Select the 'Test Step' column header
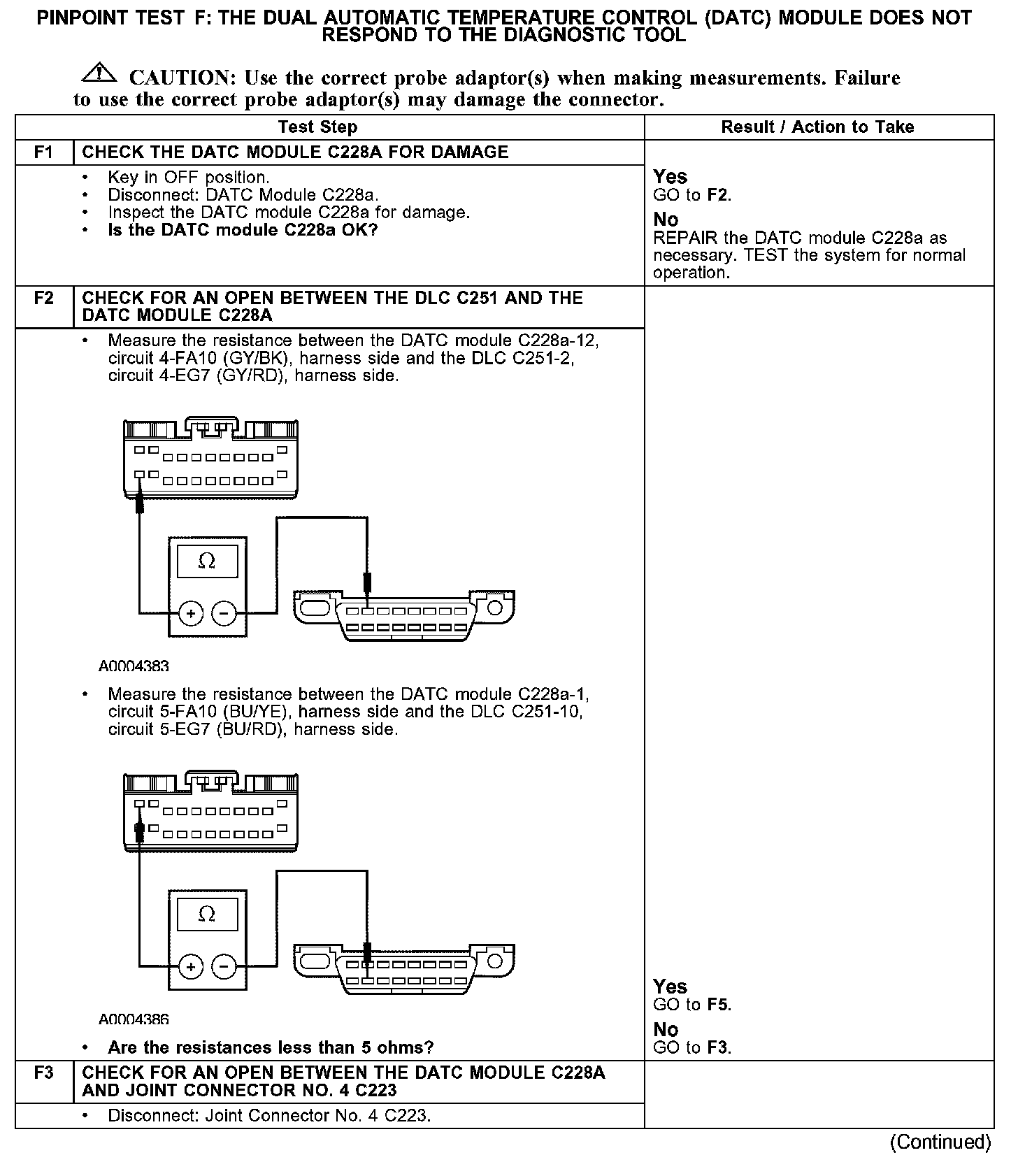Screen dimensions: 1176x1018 (x=317, y=127)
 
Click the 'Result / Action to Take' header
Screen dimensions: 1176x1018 (x=817, y=127)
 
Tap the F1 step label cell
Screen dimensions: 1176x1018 (x=44, y=152)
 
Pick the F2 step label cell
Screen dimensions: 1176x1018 (x=44, y=299)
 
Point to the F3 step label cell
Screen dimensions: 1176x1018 (x=44, y=1073)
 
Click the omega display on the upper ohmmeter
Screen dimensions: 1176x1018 (x=207, y=561)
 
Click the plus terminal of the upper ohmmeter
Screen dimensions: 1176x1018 (x=191, y=614)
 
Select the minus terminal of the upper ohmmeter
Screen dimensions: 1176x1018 (x=224, y=614)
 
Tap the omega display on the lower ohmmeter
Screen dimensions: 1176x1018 (x=207, y=915)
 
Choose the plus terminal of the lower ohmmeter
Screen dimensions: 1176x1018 (x=191, y=967)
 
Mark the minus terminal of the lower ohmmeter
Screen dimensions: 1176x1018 (x=224, y=967)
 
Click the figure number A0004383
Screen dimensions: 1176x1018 (x=134, y=666)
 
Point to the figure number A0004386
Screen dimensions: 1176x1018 (x=134, y=1019)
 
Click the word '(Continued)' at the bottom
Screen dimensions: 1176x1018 (x=940, y=1142)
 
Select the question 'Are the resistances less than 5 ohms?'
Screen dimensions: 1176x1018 (x=271, y=1047)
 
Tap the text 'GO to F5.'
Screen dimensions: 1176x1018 (x=692, y=1005)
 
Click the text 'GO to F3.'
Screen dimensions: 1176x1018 (x=692, y=1047)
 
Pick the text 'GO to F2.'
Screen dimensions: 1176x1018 (x=692, y=195)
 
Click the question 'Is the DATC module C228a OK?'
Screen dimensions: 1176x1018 (x=243, y=230)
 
